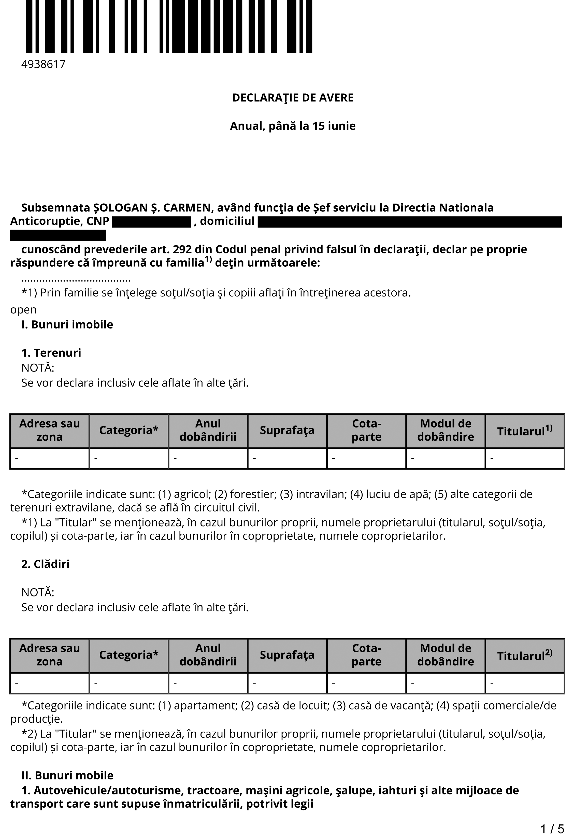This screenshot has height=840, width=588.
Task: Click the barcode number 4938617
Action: tap(44, 64)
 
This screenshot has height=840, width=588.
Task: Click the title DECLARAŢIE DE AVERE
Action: tap(293, 98)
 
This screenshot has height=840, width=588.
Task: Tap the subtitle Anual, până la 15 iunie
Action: tap(293, 126)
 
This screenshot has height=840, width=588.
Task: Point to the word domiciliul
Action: tap(227, 221)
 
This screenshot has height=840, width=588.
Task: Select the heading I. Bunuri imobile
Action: tap(67, 324)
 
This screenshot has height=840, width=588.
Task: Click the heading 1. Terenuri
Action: tap(51, 353)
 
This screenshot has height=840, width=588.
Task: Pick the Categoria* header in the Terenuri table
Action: tap(129, 430)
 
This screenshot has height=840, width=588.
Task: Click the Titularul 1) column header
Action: tap(525, 431)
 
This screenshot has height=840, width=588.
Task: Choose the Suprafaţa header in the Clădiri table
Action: tap(287, 655)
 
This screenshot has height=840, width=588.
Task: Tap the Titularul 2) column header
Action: tap(525, 655)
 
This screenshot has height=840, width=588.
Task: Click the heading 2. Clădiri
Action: tap(45, 564)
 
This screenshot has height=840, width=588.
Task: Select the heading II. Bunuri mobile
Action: tap(67, 775)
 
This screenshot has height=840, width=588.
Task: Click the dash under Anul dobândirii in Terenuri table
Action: tap(175, 458)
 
